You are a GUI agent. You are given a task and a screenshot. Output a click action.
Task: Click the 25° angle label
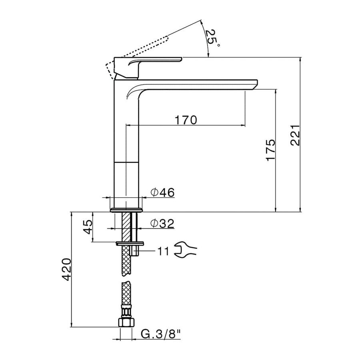point(212,38)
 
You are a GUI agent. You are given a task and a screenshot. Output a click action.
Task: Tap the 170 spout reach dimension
point(186,120)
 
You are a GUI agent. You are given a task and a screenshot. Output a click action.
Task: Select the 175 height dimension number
point(270,150)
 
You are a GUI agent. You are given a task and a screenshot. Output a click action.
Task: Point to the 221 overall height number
point(295,135)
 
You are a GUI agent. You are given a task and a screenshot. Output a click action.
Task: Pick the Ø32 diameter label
point(162,223)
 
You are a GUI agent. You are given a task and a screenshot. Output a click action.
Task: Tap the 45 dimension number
point(87,227)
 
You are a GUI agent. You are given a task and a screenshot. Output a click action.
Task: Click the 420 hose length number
point(66,269)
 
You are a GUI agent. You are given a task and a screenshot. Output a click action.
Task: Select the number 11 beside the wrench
point(163,251)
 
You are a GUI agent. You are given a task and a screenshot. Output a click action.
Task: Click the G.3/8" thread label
point(161,334)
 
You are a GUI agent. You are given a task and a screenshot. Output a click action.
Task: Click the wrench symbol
point(185,250)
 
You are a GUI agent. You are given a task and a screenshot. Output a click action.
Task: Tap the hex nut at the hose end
point(126,322)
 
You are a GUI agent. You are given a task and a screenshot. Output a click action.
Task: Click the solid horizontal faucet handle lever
point(148,60)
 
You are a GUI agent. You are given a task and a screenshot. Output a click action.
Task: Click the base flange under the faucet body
point(126,210)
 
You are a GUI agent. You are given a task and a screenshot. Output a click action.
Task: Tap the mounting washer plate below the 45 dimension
point(130,243)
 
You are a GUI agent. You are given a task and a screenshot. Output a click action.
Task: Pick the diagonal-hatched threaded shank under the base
point(126,227)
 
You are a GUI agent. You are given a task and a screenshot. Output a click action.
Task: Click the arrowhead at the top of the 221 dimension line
point(300,59)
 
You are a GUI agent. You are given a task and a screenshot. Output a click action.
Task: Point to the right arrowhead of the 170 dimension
point(243,125)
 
